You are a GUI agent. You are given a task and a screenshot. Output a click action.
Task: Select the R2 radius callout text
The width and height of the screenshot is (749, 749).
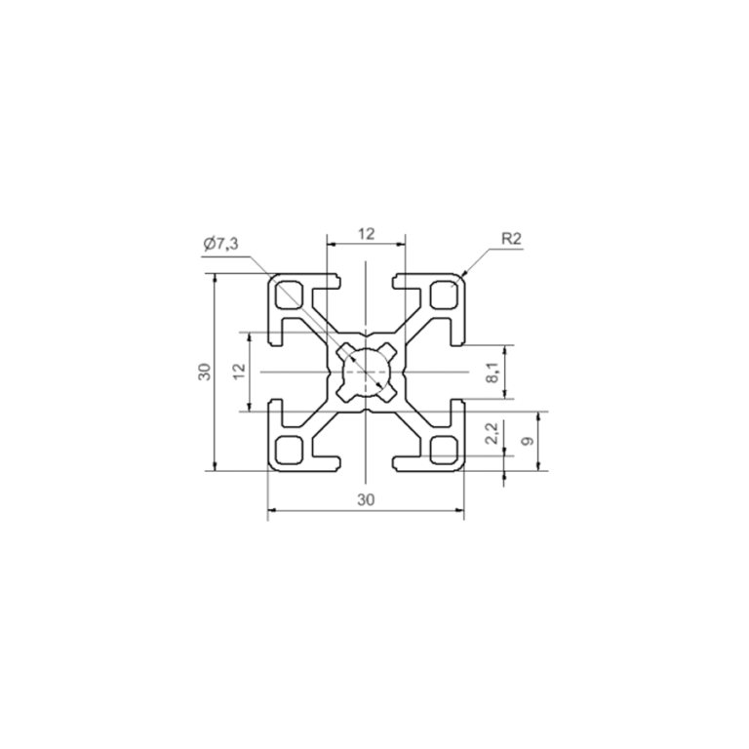coord(511,238)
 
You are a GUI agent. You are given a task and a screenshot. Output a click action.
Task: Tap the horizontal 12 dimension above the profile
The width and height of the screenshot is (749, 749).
coord(366,233)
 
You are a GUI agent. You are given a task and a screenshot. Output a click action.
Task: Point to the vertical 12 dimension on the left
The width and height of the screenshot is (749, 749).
coord(237,372)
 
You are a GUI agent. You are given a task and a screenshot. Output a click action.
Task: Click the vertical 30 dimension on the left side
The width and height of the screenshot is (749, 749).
coord(204,372)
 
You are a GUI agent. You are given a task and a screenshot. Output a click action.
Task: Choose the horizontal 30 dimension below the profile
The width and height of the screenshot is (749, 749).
coord(366,499)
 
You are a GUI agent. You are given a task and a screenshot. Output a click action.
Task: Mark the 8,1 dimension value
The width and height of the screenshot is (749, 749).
coord(493,372)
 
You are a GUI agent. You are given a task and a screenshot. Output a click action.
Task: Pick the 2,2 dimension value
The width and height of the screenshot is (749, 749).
coord(493,434)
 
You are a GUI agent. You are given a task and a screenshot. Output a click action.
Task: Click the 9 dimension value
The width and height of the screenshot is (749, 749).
coord(527,441)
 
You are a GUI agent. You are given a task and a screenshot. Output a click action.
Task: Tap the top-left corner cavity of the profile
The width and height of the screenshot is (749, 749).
coord(290,295)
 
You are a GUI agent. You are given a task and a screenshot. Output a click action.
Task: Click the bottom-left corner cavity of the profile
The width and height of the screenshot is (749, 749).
coord(290,449)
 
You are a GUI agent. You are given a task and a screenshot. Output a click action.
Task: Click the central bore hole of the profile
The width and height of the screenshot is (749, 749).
coord(366,372)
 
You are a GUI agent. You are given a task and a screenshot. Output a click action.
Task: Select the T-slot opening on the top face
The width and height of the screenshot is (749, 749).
coord(366,282)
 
